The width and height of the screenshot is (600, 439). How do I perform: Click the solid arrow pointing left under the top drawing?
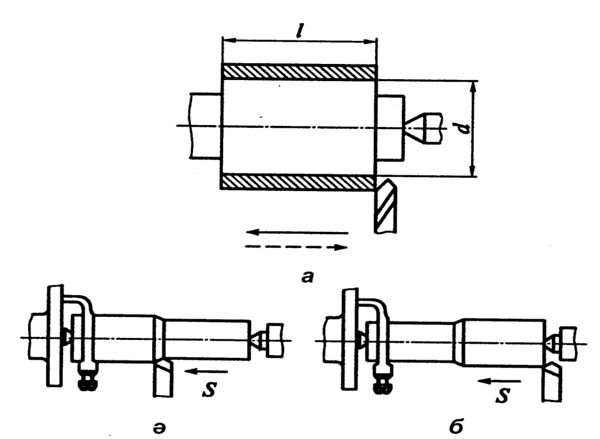(297, 233)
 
